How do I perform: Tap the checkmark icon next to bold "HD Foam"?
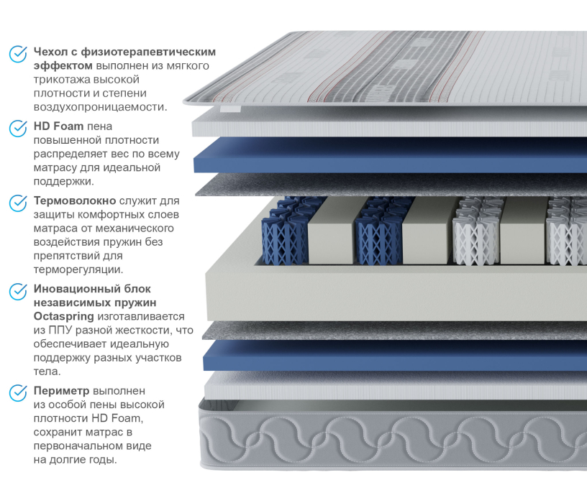(18, 128)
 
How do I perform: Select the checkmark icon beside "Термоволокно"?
(18, 203)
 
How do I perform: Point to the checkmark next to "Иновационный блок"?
(18, 292)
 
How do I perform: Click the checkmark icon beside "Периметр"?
(18, 392)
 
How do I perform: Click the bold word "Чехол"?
(50, 52)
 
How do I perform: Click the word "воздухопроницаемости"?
(100, 107)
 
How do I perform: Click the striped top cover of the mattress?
(388, 68)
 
